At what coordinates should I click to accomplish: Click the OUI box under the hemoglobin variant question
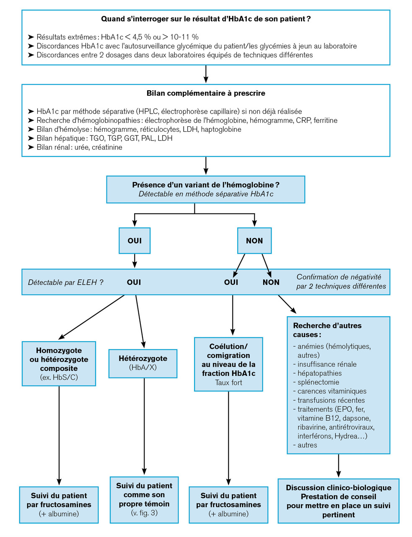point(135,240)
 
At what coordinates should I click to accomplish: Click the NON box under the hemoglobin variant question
point(254,240)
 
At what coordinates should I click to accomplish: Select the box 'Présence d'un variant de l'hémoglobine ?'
point(205,189)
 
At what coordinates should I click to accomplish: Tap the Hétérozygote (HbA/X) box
point(143,363)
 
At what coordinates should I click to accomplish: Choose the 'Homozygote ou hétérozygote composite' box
point(59,363)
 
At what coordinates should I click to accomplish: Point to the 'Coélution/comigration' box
point(228,364)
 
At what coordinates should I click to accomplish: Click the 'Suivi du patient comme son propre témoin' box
point(144,499)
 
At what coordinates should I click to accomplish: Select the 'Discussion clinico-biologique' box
point(338,501)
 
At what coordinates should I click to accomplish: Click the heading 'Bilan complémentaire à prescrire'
point(206,93)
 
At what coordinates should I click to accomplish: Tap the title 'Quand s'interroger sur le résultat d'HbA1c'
point(206,19)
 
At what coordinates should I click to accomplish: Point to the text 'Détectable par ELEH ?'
point(65,282)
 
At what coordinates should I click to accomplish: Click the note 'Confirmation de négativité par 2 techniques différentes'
point(341,282)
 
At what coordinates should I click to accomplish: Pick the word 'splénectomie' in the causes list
point(318,382)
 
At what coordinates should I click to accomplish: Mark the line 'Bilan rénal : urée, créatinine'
point(79,147)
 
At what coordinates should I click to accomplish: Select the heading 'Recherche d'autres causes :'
point(327,330)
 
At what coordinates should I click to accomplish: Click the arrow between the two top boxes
point(206,74)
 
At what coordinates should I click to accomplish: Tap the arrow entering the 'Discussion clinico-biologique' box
point(339,466)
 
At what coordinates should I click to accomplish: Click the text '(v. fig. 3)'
point(144,513)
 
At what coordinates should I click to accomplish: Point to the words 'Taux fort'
point(228,383)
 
